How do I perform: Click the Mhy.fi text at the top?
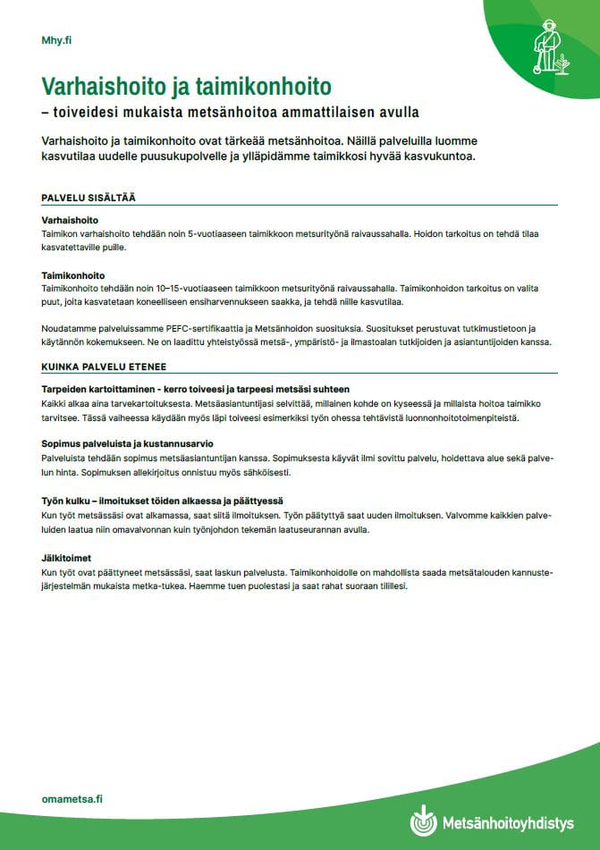pyautogui.click(x=56, y=40)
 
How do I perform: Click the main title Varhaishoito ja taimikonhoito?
pyautogui.click(x=186, y=87)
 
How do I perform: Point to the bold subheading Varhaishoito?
pyautogui.click(x=69, y=219)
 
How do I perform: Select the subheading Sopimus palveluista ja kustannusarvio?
pyautogui.click(x=127, y=443)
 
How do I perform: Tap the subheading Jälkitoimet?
pyautogui.click(x=65, y=557)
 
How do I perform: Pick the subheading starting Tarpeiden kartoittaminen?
pyautogui.click(x=195, y=389)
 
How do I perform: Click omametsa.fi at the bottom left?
pyautogui.click(x=72, y=798)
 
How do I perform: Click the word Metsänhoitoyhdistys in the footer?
pyautogui.click(x=508, y=823)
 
